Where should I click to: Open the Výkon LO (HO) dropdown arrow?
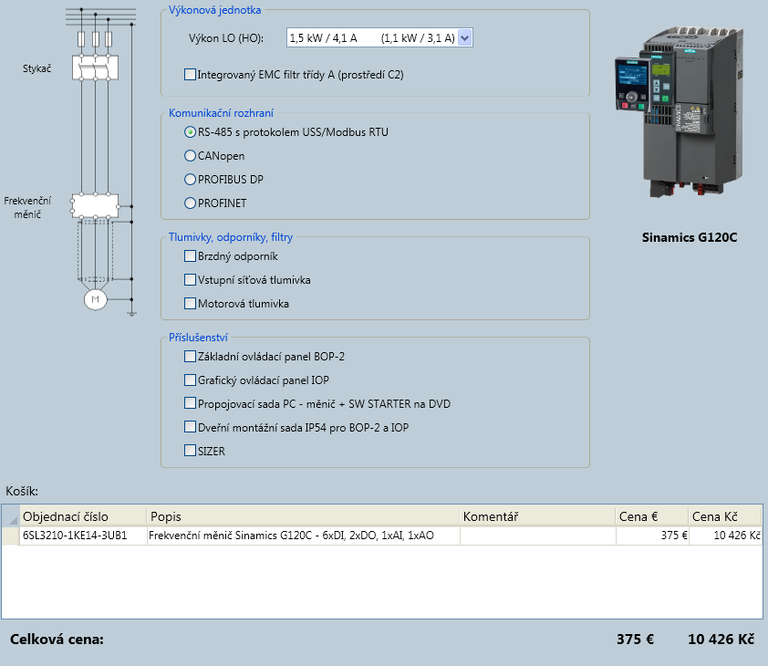click(465, 37)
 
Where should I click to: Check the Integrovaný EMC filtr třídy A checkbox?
click(190, 75)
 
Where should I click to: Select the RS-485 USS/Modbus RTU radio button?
click(190, 131)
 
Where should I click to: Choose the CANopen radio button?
click(190, 156)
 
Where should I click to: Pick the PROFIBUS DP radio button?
click(190, 180)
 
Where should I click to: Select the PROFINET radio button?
click(190, 203)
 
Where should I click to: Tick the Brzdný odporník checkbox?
click(190, 255)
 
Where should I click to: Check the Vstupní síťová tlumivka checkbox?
click(190, 279)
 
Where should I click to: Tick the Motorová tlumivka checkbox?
click(190, 304)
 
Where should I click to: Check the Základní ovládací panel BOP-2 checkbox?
click(190, 357)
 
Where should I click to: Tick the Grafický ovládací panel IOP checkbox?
click(190, 380)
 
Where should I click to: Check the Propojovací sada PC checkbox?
click(190, 403)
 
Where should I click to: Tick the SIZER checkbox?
click(190, 451)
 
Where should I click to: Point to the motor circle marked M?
click(95, 299)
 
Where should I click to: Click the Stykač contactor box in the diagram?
click(95, 68)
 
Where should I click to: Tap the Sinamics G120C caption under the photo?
click(690, 237)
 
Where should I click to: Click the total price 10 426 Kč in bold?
click(721, 639)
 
